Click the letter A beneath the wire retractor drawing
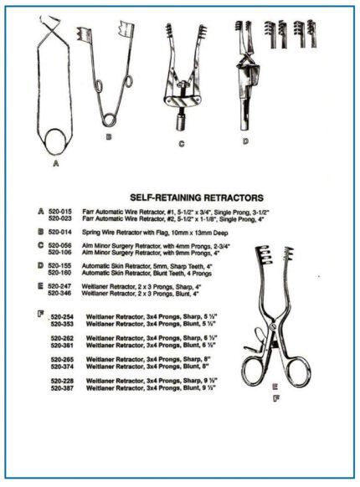point(55,165)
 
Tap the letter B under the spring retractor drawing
point(108,136)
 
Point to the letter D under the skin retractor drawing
point(244,142)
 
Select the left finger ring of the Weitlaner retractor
point(255,372)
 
